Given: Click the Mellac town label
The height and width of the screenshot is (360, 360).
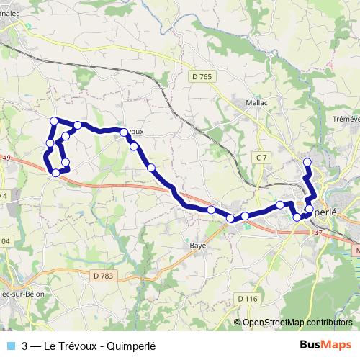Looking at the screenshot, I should click(x=257, y=103).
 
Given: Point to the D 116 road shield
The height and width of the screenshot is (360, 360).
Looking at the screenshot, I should click(x=246, y=298).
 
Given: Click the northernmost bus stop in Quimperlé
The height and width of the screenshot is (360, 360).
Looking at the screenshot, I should click(x=307, y=161).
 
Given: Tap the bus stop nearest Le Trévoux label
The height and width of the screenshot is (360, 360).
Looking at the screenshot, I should click(x=125, y=132).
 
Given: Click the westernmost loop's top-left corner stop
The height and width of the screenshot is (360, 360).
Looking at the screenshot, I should click(x=53, y=120).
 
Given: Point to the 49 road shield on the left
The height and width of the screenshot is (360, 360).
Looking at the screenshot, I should click(x=6, y=158).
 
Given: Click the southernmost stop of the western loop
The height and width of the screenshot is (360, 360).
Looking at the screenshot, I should click(x=55, y=172).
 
